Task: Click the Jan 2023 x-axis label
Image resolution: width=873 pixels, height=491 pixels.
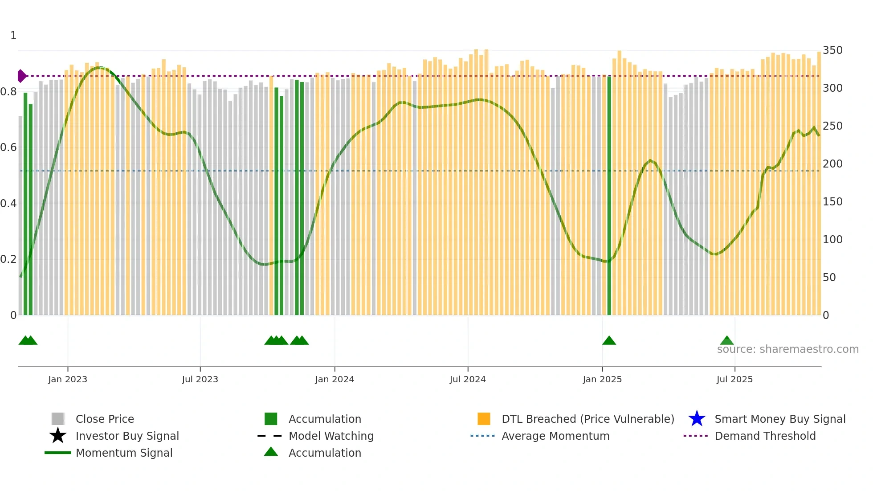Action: [x=68, y=379]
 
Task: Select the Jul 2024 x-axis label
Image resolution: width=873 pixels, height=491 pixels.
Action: [x=468, y=379]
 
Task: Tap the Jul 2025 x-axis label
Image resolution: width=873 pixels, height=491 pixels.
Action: [x=734, y=379]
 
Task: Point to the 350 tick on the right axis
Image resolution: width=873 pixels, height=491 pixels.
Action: [x=832, y=50]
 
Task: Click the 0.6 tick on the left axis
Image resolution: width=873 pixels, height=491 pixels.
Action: [x=8, y=147]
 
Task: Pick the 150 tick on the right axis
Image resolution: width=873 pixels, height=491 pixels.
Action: [x=832, y=202]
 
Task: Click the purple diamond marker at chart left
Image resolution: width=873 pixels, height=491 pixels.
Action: [x=21, y=76]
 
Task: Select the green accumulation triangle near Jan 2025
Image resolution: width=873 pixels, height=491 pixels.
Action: [x=609, y=341]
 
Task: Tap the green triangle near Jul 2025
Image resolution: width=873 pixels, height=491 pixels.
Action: [x=727, y=341]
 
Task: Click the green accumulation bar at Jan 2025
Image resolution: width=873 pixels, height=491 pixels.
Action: [x=609, y=196]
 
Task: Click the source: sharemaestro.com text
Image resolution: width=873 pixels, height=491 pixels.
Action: [x=787, y=349]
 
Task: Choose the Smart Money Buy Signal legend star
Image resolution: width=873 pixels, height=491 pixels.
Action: [x=697, y=419]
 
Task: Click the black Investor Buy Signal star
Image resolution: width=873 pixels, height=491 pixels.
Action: [x=58, y=436]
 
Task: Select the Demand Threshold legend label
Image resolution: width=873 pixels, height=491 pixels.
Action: [x=765, y=436]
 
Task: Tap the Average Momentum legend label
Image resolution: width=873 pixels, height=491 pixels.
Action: [x=555, y=436]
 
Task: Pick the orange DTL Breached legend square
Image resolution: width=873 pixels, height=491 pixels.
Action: [x=484, y=419]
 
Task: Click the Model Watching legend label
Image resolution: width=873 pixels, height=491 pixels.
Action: [x=331, y=436]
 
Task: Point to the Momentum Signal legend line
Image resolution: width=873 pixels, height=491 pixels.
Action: [x=58, y=453]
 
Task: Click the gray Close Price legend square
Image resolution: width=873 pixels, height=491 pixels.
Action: [x=58, y=419]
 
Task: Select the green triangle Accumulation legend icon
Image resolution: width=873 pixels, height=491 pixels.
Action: [x=271, y=452]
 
